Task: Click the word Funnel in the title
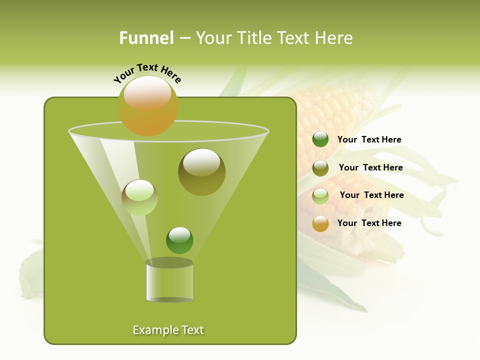point(146,38)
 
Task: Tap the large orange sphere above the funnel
point(148,105)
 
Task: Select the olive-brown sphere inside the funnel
point(201,171)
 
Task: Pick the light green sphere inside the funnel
point(139,197)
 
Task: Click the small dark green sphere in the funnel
point(179,240)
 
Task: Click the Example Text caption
point(168,330)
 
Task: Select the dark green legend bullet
point(320,139)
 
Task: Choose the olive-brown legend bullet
point(320,168)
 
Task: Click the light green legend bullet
point(320,196)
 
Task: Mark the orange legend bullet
point(320,223)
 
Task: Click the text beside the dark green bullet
point(369,140)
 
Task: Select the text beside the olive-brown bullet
point(370,168)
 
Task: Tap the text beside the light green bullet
point(371,195)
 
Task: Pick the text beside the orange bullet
point(369,223)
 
